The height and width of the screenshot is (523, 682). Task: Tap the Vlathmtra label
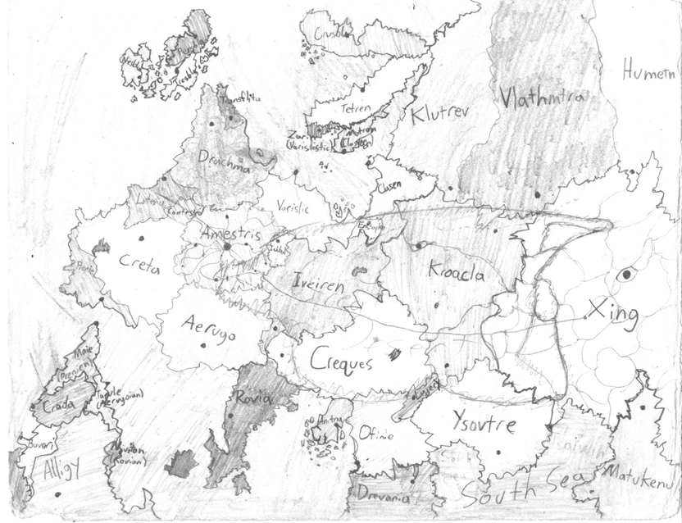click(x=543, y=98)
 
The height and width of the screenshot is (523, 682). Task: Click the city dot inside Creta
click(x=139, y=239)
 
